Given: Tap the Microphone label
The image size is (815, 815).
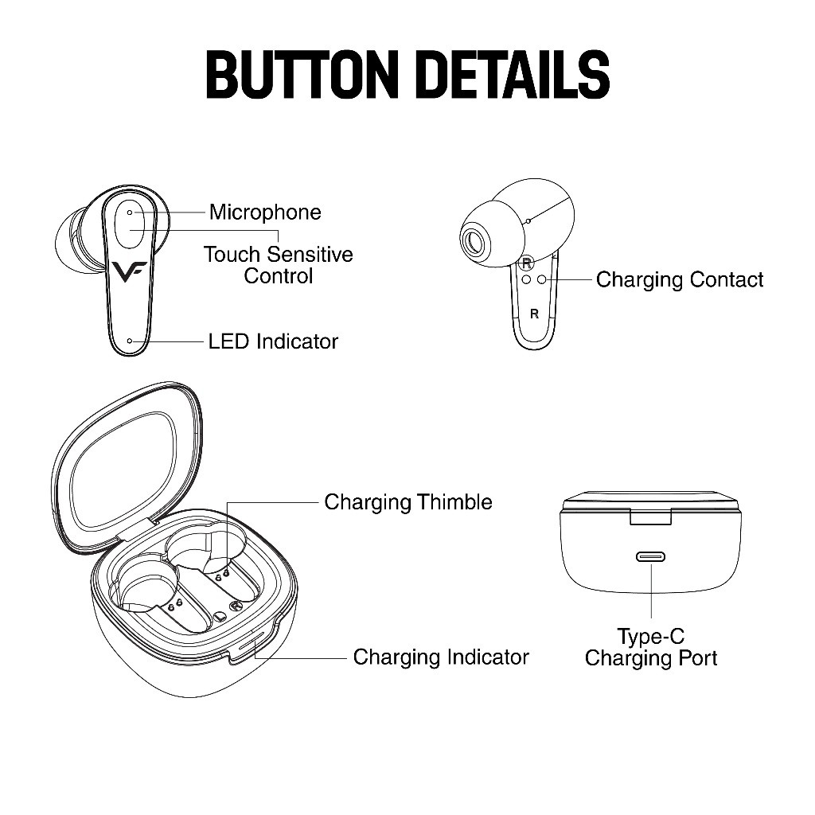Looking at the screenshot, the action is point(265,212).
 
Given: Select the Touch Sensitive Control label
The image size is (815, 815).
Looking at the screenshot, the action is point(278,265).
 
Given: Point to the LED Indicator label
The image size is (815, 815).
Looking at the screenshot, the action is point(273,341).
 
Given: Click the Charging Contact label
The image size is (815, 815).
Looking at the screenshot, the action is point(680,279).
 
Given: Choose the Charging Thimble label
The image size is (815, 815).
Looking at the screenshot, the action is point(408,502).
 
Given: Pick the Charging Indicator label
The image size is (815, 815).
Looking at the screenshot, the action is point(441,657).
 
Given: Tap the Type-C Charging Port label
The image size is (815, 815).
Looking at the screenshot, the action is point(651,647).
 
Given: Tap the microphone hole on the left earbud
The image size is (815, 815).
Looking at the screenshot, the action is point(130,213).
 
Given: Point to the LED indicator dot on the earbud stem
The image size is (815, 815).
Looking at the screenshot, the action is point(130,341).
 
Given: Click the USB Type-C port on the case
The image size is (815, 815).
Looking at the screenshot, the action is point(651,556).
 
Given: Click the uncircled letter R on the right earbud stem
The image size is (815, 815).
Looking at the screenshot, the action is point(534,314).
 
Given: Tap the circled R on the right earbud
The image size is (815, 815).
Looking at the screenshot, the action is point(527,263).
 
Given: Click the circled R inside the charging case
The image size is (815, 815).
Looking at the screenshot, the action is point(236,606).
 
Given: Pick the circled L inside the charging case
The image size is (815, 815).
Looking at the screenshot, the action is point(220,617).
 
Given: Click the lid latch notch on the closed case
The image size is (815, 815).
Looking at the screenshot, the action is point(651,517).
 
